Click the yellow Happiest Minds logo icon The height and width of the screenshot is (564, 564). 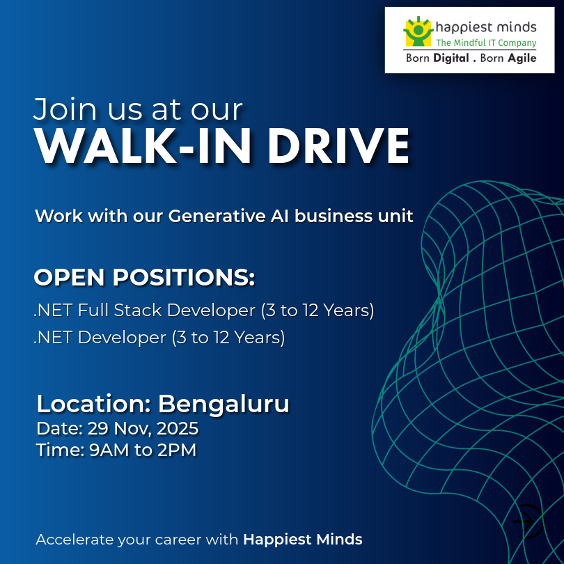pyautogui.click(x=418, y=32)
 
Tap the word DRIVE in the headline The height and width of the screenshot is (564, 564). pyautogui.click(x=338, y=146)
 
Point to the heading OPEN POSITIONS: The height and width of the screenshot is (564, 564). pyautogui.click(x=144, y=277)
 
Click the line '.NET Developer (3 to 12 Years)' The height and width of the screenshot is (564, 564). pyautogui.click(x=159, y=338)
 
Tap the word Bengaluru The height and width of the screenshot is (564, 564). pyautogui.click(x=224, y=404)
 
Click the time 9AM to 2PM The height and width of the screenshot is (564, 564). pyautogui.click(x=143, y=451)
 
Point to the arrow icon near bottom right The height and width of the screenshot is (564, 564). pyautogui.click(x=527, y=519)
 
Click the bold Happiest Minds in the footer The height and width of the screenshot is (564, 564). pyautogui.click(x=303, y=539)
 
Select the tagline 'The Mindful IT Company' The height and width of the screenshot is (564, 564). pyautogui.click(x=485, y=43)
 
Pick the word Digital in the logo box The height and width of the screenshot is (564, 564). pyautogui.click(x=451, y=58)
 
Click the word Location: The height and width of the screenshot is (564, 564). pyautogui.click(x=94, y=404)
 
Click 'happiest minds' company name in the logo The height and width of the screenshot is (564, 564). pyautogui.click(x=485, y=27)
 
